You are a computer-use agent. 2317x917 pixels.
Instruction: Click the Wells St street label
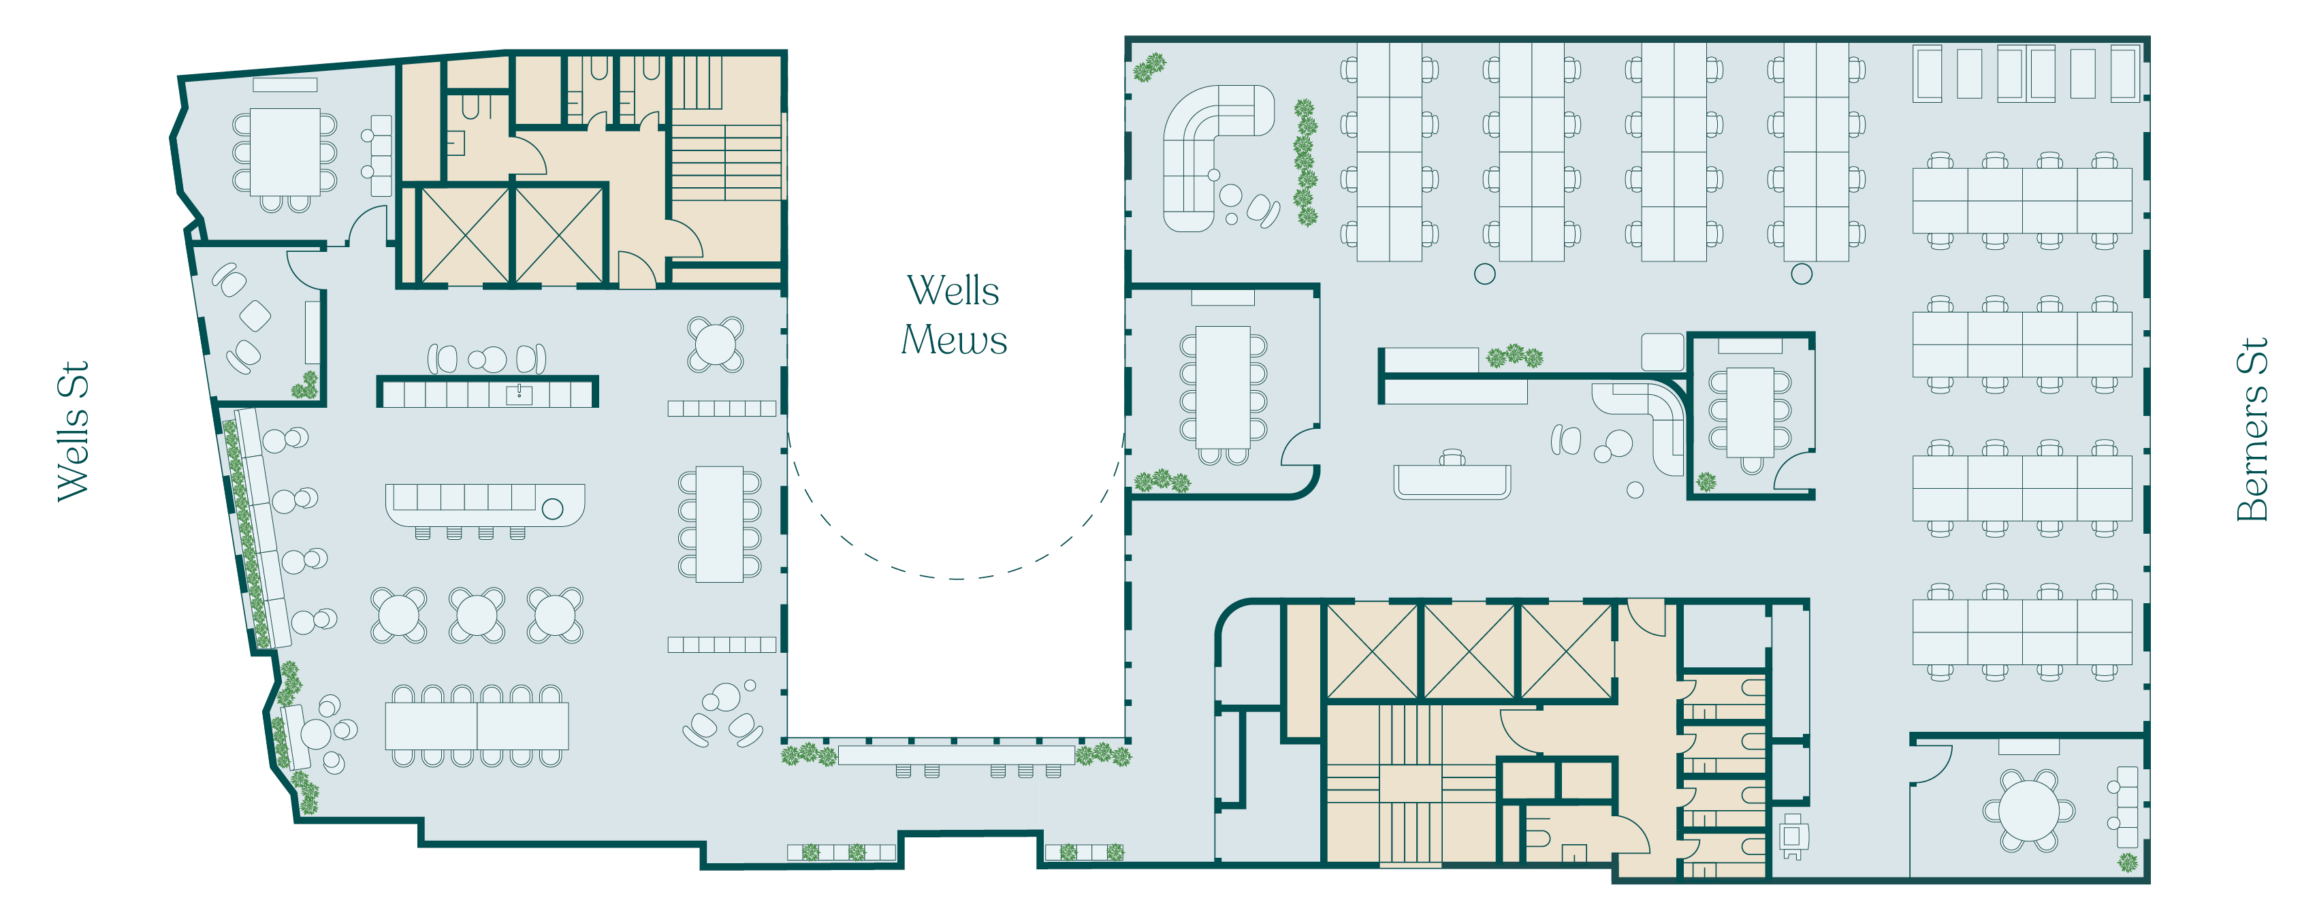point(72,432)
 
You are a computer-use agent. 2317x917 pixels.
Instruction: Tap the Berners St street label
point(2252,430)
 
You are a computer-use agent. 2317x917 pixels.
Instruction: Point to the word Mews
point(955,340)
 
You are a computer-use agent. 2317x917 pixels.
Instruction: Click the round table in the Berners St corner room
point(2028,809)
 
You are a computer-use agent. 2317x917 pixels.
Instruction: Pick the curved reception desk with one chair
point(1452,481)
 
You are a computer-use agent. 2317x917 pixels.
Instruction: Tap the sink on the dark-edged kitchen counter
point(519,393)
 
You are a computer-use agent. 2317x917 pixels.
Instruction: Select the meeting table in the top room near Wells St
point(285,152)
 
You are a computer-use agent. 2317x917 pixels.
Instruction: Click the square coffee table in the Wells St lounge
point(255,316)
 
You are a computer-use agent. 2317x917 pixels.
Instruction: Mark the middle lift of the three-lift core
point(1469,651)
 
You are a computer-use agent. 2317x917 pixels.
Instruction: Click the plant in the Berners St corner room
point(2127,863)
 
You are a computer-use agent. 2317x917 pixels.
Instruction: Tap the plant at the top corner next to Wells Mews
point(1149,67)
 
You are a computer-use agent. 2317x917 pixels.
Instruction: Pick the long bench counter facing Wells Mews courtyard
point(955,754)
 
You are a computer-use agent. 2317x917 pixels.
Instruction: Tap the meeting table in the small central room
point(1749,413)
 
